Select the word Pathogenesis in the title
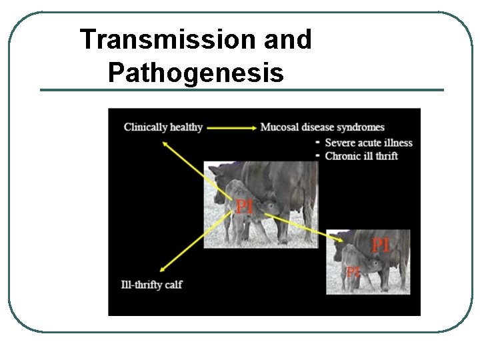point(195,73)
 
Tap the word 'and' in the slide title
point(287,39)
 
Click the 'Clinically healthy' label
point(163,127)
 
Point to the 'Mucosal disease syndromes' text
point(322,127)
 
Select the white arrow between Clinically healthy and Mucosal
point(231,127)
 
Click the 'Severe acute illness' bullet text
point(369,143)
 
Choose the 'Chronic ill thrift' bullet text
point(361,156)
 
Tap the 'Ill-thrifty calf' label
point(151,285)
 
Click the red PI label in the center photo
point(245,207)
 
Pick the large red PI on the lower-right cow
point(380,245)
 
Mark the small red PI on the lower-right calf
point(353,271)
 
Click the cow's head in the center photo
point(220,183)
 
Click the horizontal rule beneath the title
point(241,90)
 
